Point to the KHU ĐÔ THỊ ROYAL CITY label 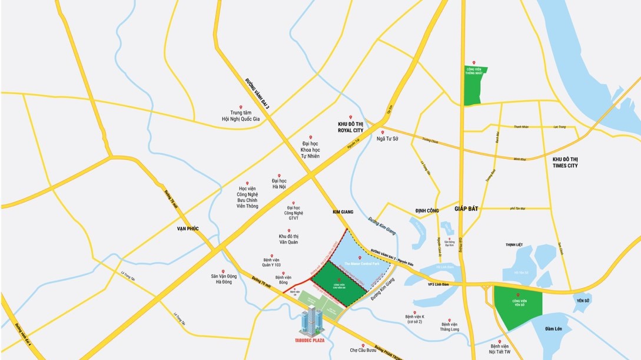coord(351,128)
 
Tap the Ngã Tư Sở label coord(388,139)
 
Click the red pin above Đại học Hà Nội coord(280,175)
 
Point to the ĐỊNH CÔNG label coord(427,210)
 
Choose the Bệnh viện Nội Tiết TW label coord(500,349)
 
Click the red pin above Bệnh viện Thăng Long coord(449,317)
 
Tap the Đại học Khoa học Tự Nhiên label coord(311,149)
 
